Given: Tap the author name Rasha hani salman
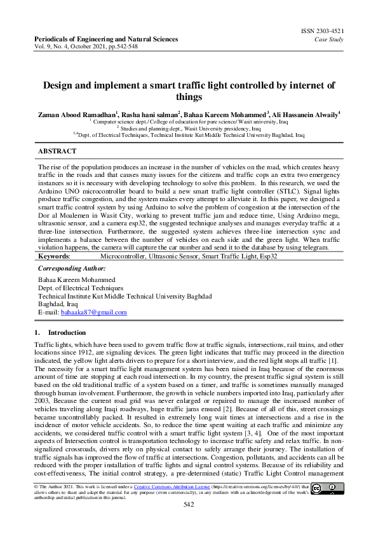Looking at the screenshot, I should [151, 115].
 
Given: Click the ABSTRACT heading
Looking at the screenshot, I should [57, 152].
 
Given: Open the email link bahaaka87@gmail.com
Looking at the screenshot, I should [93, 313].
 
